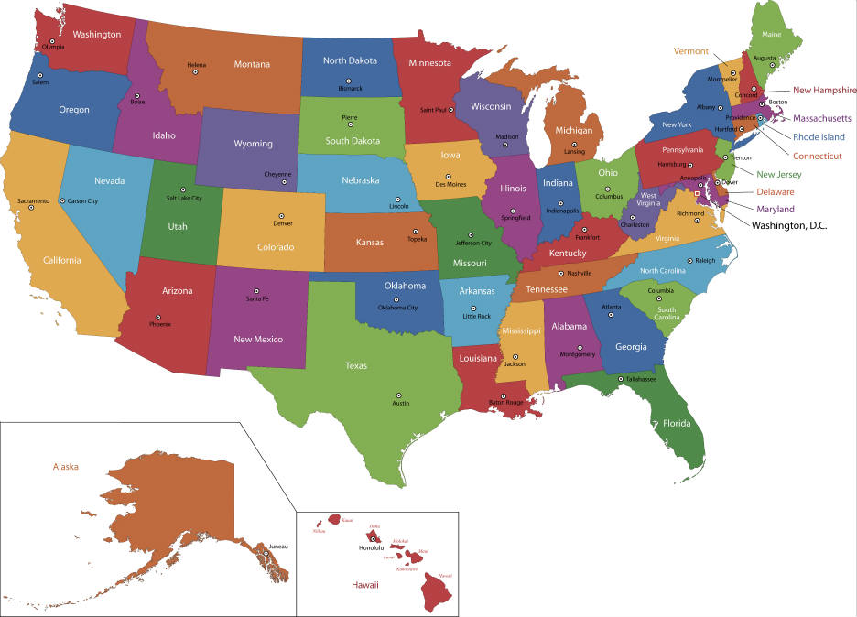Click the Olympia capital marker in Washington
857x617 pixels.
[x=53, y=41]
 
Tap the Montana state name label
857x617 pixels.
[x=251, y=64]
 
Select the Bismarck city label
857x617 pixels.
[x=350, y=89]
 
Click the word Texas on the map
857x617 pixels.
[x=356, y=365]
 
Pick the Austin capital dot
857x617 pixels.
[x=400, y=395]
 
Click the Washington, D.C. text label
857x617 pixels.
[x=788, y=224]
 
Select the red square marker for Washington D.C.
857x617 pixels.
[x=697, y=194]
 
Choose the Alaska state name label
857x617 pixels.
[x=66, y=466]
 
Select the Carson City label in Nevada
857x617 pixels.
[x=80, y=200]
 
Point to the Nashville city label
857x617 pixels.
[x=580, y=274]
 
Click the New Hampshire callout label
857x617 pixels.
[x=824, y=90]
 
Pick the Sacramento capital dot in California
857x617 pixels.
[x=31, y=208]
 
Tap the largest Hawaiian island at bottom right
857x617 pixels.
[x=437, y=595]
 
